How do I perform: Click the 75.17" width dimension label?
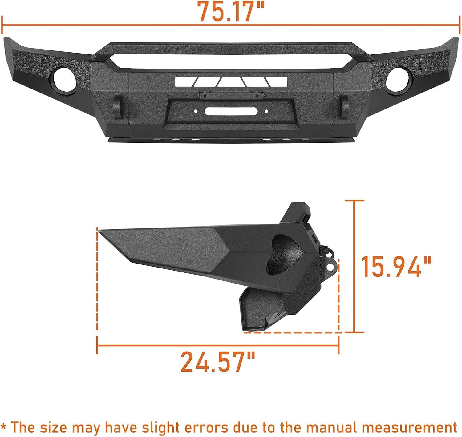point(231,11)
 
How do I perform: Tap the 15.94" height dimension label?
point(396,267)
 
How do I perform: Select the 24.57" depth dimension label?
point(218,362)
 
